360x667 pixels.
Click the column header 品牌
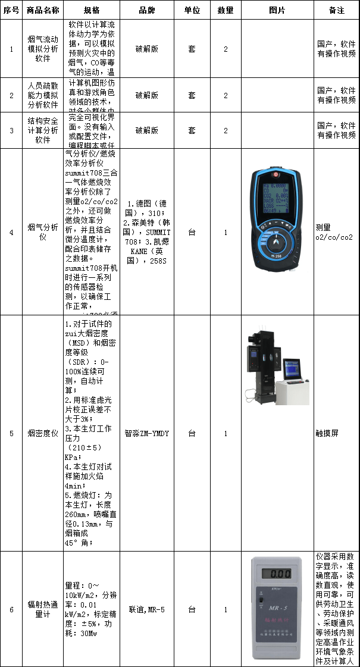[147, 10]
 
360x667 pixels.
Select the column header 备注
[337, 10]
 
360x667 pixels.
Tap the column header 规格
[92, 10]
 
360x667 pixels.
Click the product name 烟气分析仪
[43, 232]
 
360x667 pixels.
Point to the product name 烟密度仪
[43, 433]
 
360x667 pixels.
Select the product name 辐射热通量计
[43, 609]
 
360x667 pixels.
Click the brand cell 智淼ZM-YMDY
[147, 433]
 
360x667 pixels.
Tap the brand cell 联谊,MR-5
[147, 609]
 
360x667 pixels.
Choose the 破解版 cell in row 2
[147, 95]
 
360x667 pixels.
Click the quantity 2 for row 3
[226, 130]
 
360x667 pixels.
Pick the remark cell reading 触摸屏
[327, 433]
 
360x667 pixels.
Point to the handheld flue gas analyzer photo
[277, 232]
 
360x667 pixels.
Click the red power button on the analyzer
[276, 176]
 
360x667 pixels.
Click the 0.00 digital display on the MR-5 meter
[280, 575]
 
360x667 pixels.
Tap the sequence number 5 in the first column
[11, 433]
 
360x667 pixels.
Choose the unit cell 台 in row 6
[192, 609]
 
